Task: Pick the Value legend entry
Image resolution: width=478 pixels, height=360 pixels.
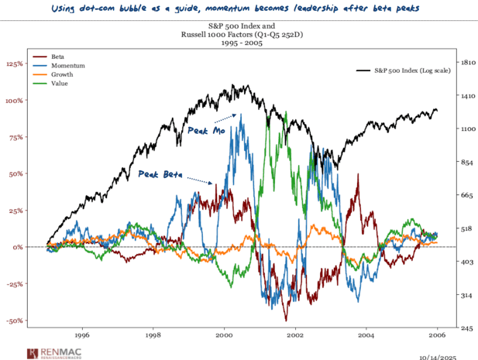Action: pos(59,84)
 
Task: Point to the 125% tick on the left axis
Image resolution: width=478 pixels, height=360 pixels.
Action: pos(15,63)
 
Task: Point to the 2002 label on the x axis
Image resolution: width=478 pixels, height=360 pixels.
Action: pos(295,338)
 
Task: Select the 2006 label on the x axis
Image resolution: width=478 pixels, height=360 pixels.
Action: pos(437,338)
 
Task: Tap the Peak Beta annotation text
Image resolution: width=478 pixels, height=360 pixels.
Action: pos(160,174)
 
